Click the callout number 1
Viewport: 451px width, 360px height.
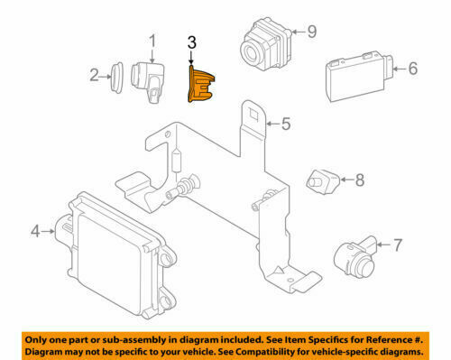[x=152, y=40]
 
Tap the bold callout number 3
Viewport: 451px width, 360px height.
[x=191, y=43]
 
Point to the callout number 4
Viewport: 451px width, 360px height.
[x=36, y=232]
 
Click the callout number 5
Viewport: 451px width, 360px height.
[x=286, y=125]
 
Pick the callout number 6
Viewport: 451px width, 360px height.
[x=412, y=68]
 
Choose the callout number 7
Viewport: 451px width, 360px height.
[x=394, y=244]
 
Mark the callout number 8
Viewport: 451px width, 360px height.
[x=359, y=180]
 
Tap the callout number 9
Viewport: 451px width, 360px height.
[x=312, y=32]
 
